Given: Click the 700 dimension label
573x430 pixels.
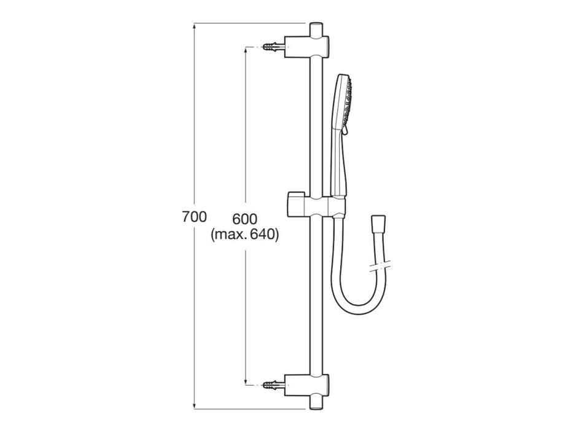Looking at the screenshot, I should coord(194,217).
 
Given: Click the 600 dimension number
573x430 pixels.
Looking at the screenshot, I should coord(245,219).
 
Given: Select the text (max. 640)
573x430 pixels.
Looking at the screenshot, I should coord(244,234).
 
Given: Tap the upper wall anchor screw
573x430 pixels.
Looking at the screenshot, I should coord(274,47).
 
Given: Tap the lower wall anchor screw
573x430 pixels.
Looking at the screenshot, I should coord(274,385).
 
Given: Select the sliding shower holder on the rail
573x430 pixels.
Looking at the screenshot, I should coord(322,206).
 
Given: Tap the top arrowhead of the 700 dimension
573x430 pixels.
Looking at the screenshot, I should coord(194,26).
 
